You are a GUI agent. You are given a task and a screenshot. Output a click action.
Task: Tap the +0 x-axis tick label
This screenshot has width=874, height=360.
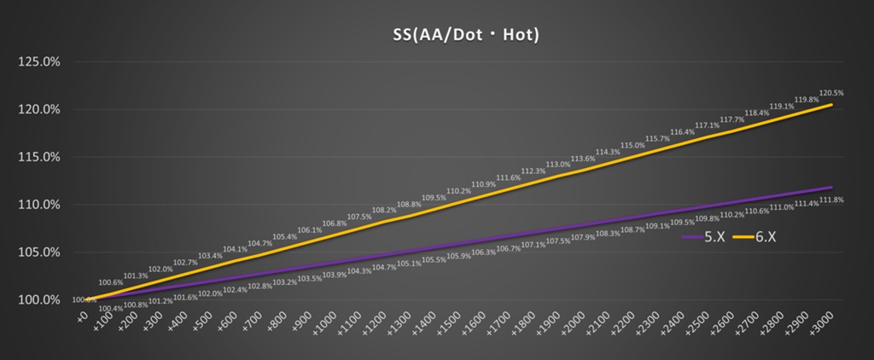[83, 316]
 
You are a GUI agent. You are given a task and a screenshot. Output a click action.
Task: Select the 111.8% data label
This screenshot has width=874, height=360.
[831, 200]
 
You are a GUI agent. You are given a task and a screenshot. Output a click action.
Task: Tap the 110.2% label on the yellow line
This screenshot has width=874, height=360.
[459, 191]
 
